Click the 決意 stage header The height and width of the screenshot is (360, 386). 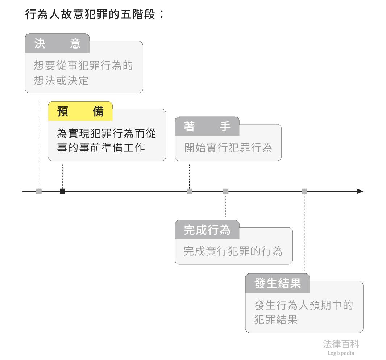(57, 43)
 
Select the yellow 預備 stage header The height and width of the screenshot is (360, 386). (80, 111)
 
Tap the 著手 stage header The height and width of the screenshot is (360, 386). (207, 126)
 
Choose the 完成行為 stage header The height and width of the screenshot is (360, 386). (207, 230)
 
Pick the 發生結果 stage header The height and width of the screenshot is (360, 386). (278, 283)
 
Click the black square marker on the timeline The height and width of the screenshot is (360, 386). (62, 191)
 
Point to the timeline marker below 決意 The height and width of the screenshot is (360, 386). (39, 191)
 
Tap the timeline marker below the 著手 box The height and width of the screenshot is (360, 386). (189, 191)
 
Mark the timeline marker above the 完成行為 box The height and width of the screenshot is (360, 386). (226, 191)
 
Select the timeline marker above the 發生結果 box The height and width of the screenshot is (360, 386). (304, 191)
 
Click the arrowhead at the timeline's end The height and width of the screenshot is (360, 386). (360, 191)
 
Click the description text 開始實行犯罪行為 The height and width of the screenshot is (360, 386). (228, 148)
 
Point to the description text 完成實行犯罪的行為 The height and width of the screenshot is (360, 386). (233, 251)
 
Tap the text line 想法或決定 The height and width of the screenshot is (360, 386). (61, 80)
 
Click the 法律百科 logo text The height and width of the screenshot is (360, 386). (341, 344)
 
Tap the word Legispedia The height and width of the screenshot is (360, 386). (341, 353)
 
